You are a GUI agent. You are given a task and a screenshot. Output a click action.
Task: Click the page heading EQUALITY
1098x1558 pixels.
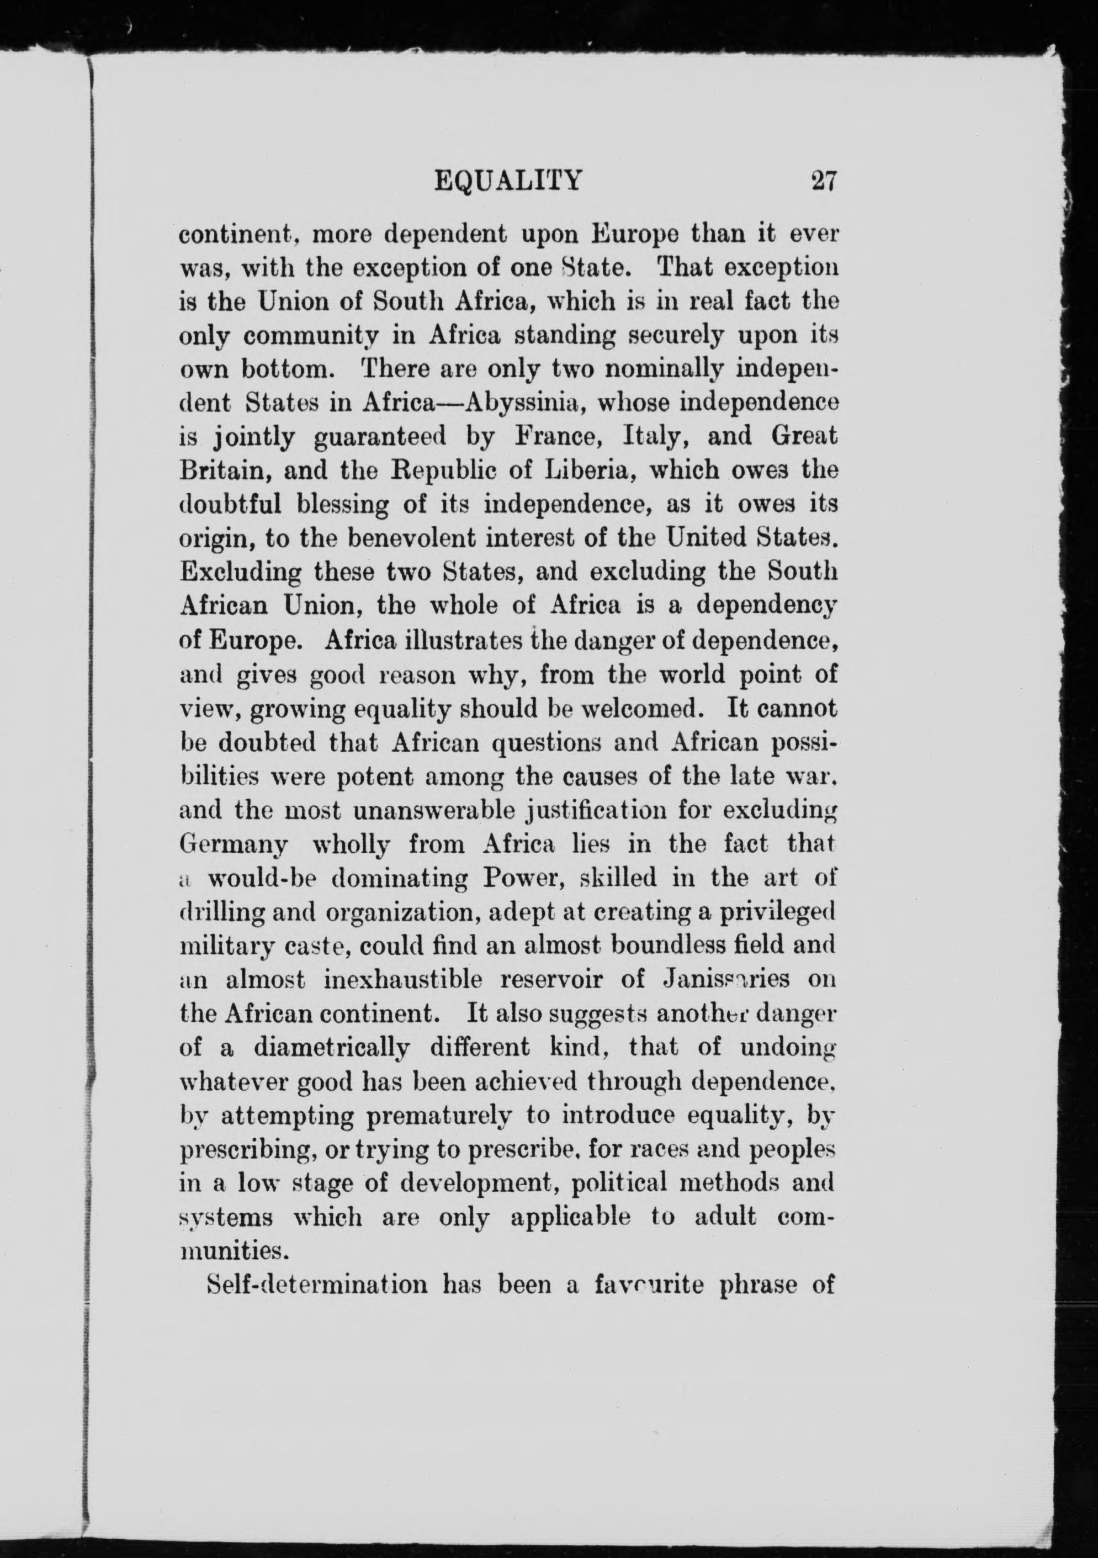click(x=507, y=182)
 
